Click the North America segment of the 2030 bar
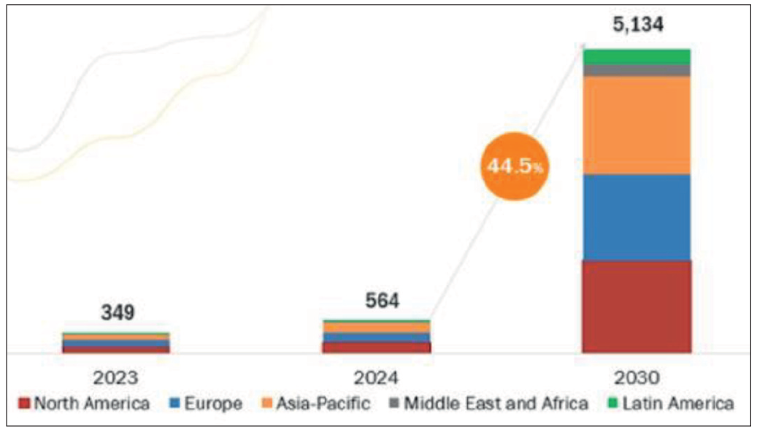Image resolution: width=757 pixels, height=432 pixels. coord(636,306)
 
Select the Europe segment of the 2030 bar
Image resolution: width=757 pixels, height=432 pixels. coord(636,217)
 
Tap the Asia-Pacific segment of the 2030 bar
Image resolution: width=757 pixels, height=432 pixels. coord(636,125)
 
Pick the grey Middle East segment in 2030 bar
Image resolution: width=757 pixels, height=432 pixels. coord(636,70)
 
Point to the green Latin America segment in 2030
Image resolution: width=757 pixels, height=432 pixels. coord(636,56)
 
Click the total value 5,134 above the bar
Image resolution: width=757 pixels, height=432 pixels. coord(637,26)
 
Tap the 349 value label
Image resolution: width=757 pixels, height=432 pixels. coord(117,313)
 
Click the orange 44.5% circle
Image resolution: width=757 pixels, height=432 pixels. coord(515,167)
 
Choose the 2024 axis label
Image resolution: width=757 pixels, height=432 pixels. coord(377,377)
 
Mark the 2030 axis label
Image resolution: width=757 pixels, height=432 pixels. coord(637,377)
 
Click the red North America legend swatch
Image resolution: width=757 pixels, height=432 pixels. coord(24,403)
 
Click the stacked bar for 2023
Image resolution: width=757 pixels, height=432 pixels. coord(116,342)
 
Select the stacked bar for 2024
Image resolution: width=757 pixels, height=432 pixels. coord(377,336)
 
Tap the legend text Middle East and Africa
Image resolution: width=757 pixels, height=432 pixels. coord(496,403)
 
